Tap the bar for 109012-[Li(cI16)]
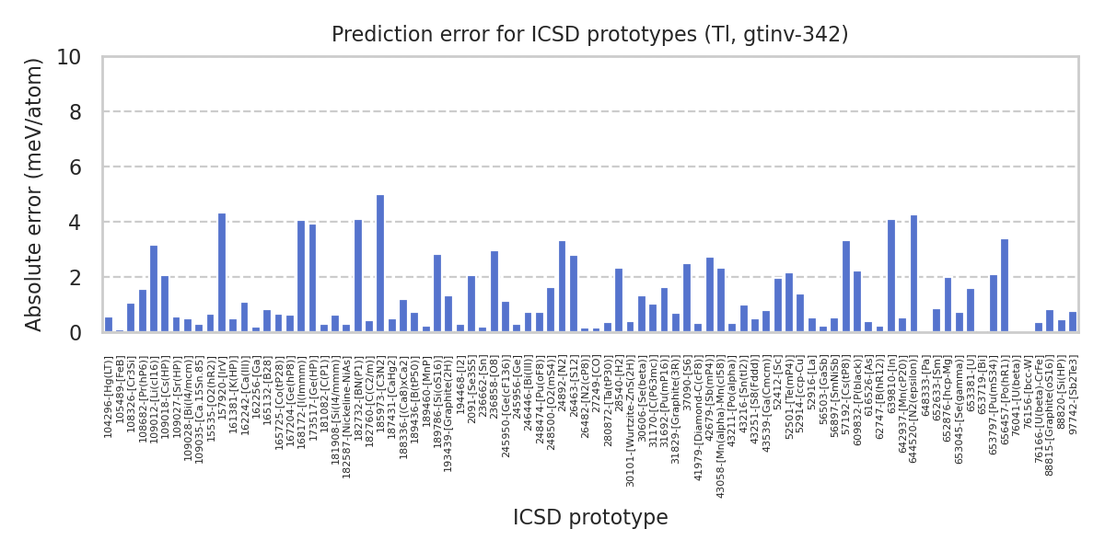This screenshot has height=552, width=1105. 154,289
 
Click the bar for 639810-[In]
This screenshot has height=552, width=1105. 891,276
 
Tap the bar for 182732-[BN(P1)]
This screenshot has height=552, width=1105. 358,276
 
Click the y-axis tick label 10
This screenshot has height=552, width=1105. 69,57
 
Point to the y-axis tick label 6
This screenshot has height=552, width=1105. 75,167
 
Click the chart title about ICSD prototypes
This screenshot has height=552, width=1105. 589,35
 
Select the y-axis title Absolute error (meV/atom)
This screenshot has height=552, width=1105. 35,194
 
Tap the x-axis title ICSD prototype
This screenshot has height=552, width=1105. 589,518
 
